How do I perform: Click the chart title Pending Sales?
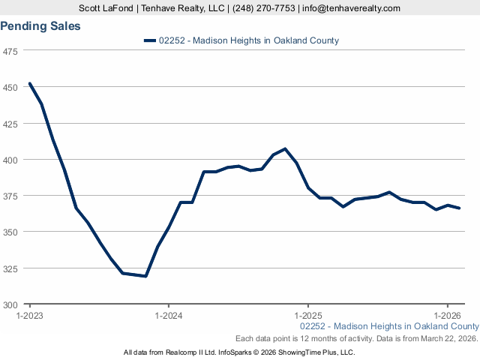click(x=40, y=26)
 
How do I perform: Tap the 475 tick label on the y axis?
click(x=11, y=52)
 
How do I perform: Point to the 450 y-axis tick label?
click(x=11, y=88)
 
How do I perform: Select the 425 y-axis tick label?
click(x=11, y=124)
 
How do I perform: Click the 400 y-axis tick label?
click(x=11, y=160)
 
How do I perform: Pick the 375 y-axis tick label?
click(x=11, y=196)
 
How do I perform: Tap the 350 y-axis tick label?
click(x=11, y=232)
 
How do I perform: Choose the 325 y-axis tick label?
click(x=11, y=268)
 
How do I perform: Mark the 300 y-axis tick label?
click(x=11, y=304)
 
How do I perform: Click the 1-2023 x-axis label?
click(x=30, y=316)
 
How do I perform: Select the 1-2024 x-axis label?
click(x=169, y=316)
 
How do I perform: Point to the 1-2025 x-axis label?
click(x=308, y=316)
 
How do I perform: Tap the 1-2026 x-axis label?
click(x=448, y=316)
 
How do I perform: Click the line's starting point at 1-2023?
click(x=30, y=83)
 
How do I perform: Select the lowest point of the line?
click(x=145, y=276)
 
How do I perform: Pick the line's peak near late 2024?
click(x=285, y=148)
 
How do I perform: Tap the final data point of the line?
click(x=459, y=208)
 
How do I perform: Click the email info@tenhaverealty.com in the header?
click(x=350, y=8)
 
